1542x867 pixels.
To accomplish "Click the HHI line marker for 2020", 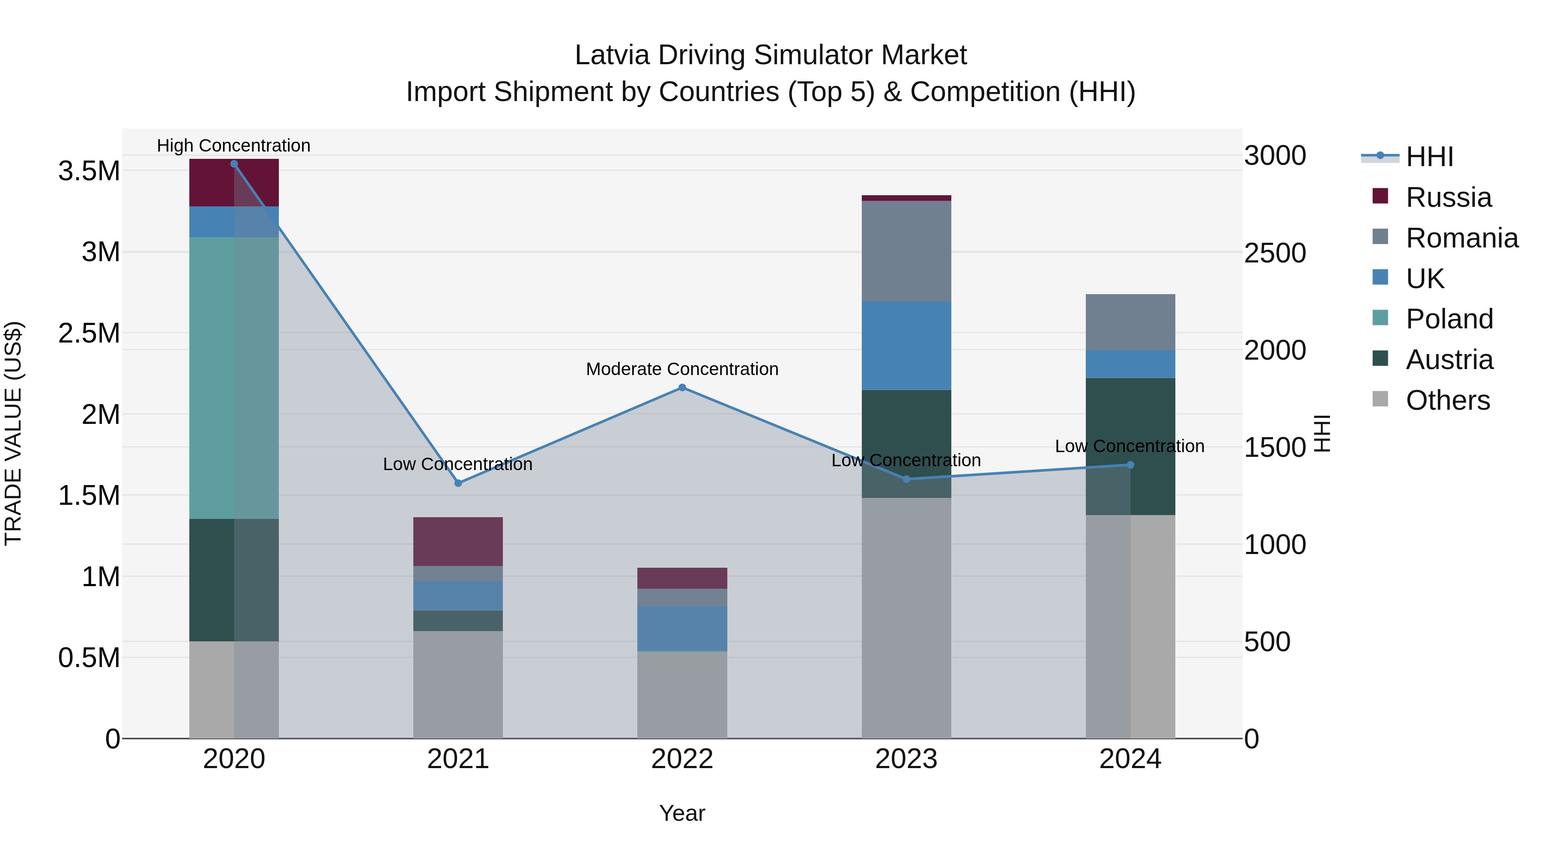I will pos(234,164).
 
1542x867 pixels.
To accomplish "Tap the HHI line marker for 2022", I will pos(682,388).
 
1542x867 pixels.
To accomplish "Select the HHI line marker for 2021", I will pos(458,483).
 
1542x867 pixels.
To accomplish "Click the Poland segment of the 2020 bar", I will pos(234,377).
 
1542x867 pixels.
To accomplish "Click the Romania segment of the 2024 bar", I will pos(1130,322).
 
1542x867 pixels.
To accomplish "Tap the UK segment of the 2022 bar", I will pos(682,628).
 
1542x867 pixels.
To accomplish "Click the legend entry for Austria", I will pos(1449,360).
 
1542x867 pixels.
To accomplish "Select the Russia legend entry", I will pos(1448,197).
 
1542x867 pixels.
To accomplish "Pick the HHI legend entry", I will pos(1429,157).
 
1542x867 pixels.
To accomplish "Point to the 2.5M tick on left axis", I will pos(89,333).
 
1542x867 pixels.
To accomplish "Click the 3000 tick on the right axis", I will pos(1275,155).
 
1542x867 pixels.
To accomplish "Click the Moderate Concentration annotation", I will pos(682,369).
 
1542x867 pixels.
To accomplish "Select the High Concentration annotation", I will pos(233,146).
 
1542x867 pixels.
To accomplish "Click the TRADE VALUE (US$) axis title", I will pos(13,433).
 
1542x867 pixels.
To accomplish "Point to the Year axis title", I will pos(682,813).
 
